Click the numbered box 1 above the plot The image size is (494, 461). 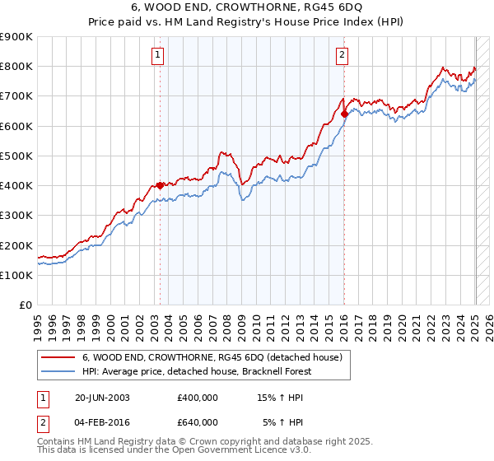(x=156, y=56)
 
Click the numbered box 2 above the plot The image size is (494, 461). (x=341, y=56)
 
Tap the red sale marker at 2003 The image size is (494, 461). (x=160, y=185)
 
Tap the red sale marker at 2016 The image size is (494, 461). (x=344, y=114)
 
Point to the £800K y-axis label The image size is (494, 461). (x=16, y=67)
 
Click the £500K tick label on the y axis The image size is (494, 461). (x=16, y=156)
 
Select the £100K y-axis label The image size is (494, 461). (x=16, y=275)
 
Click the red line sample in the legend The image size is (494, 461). (x=58, y=357)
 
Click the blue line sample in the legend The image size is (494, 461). (x=58, y=371)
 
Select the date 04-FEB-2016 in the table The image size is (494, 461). (x=102, y=422)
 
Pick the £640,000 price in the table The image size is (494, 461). (x=198, y=422)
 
